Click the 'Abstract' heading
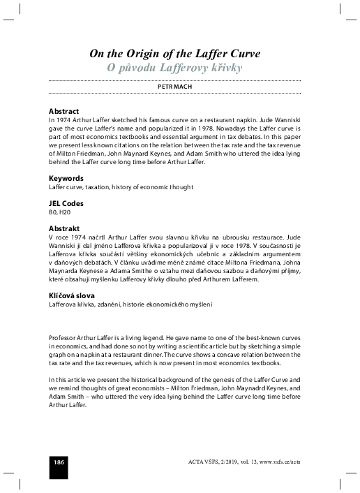pyautogui.click(x=63, y=112)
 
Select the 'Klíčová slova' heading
pyautogui.click(x=71, y=295)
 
